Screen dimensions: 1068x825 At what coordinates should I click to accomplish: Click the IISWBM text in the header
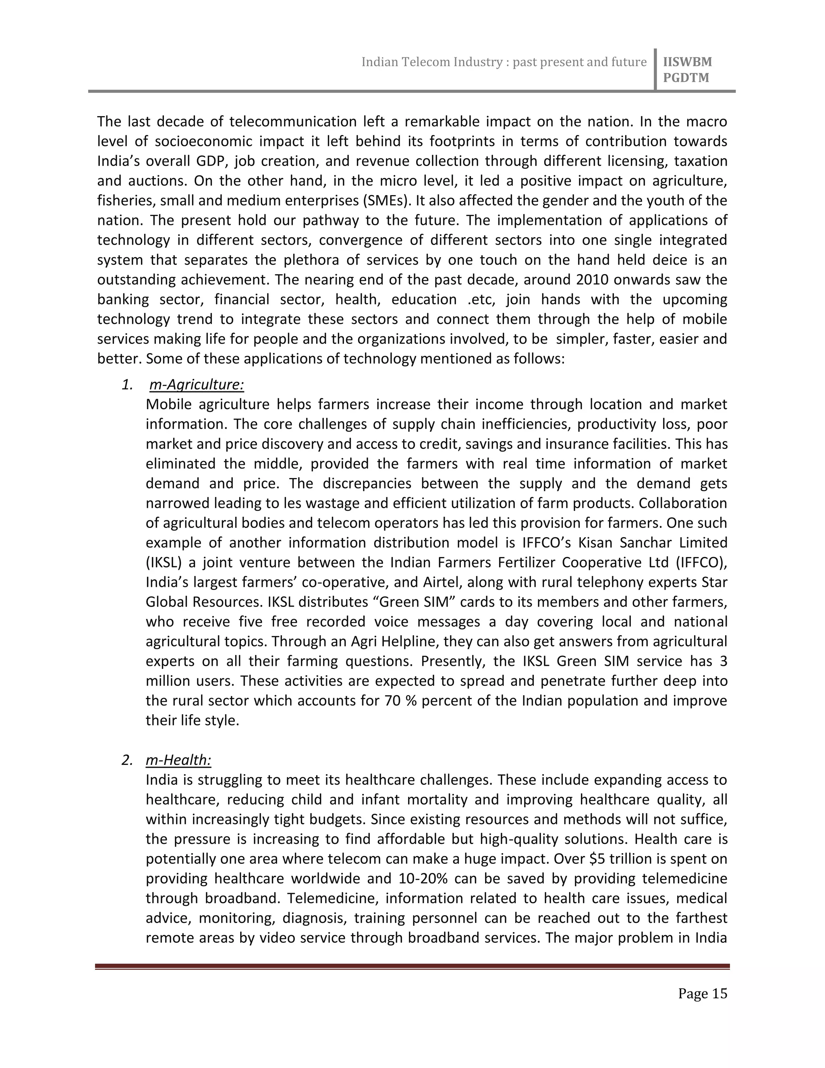[x=687, y=62]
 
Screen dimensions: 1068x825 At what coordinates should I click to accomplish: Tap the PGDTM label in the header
[x=686, y=78]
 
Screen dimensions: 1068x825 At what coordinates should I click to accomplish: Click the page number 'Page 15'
[x=702, y=993]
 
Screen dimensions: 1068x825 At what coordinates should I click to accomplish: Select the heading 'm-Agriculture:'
[x=197, y=385]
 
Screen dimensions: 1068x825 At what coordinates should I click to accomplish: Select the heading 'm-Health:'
[x=178, y=760]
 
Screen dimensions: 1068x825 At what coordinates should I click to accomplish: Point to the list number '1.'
[x=127, y=385]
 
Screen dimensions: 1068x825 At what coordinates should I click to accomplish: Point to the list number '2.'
[x=127, y=760]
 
